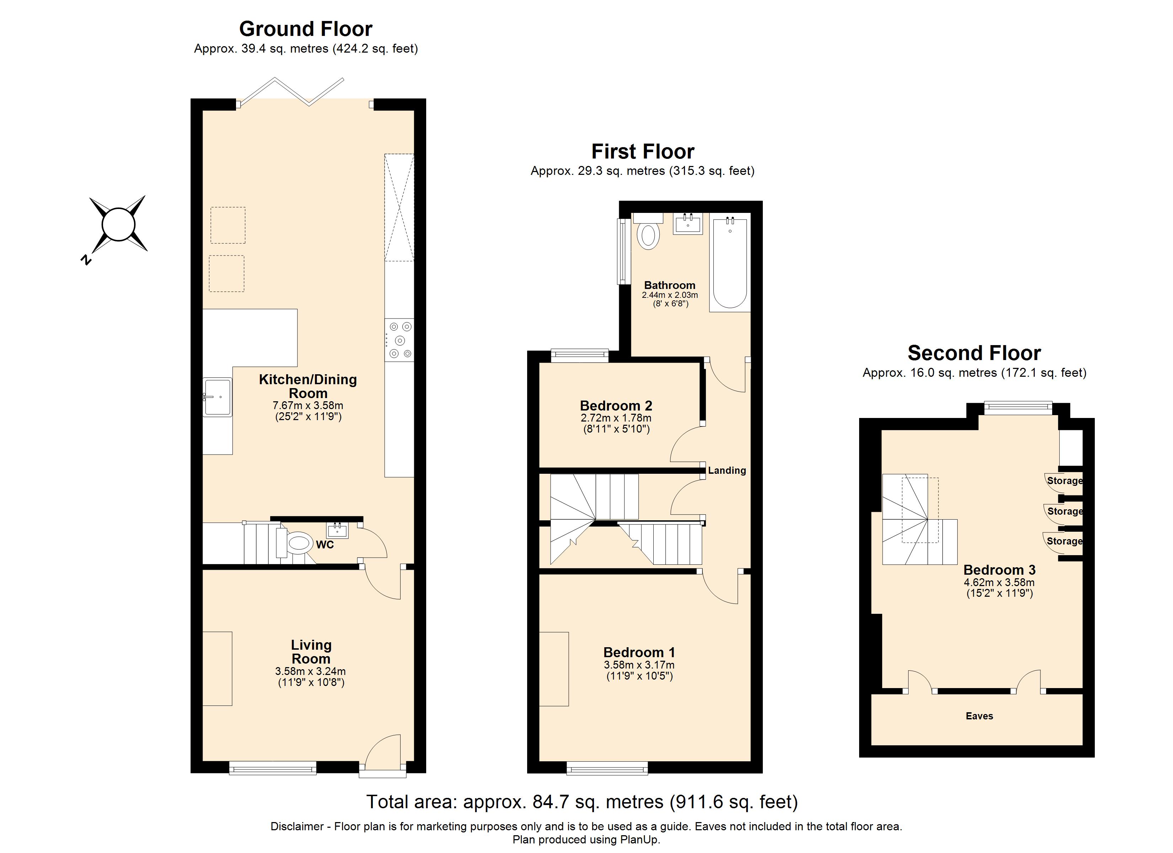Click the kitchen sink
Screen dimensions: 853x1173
point(218,397)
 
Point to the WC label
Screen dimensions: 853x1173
point(325,545)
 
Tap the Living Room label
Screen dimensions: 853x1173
point(311,652)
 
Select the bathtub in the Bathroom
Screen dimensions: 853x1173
point(730,264)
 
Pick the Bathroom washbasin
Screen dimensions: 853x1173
point(688,224)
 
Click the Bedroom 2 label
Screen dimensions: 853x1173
point(616,406)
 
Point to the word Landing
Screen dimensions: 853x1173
point(727,470)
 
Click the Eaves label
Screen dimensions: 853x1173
point(979,716)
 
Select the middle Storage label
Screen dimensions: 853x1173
point(1064,511)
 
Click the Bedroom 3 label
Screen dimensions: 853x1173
point(999,570)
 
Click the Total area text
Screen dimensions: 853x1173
point(582,802)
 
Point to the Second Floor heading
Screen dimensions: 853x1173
point(974,353)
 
